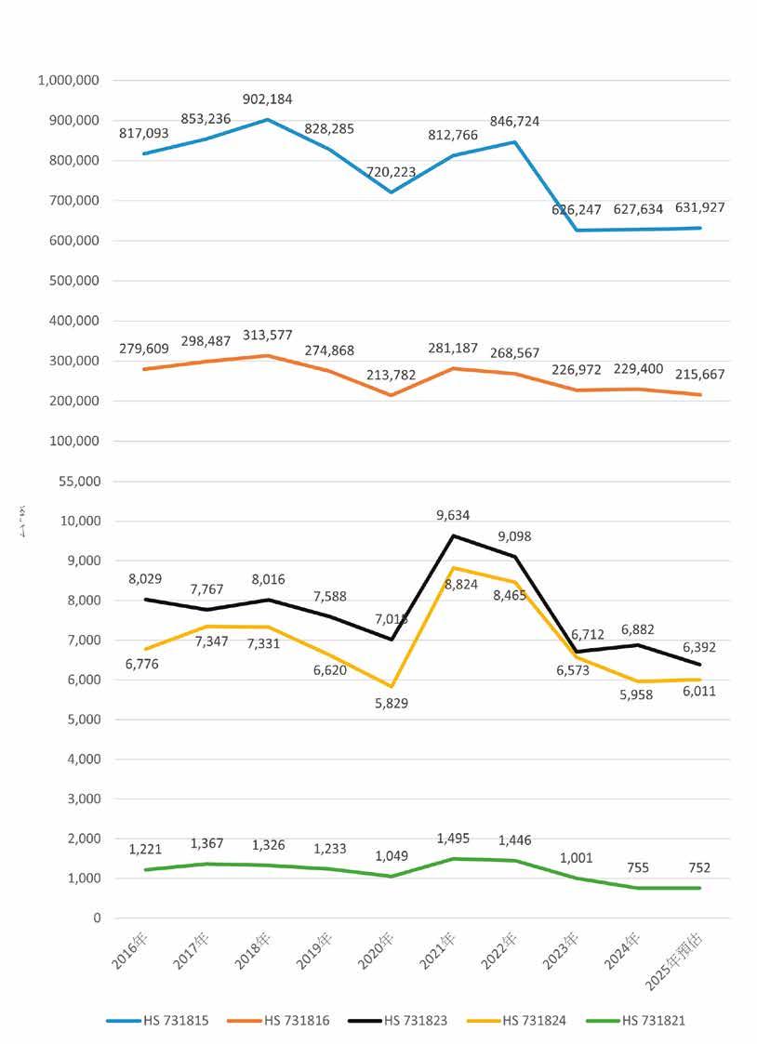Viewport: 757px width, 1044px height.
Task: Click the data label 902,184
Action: (267, 99)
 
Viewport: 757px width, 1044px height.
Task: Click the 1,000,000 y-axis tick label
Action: (69, 81)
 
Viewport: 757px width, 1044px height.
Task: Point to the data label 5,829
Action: (390, 704)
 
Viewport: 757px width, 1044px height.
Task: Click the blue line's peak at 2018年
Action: (267, 119)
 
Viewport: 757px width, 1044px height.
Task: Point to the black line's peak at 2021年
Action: (454, 535)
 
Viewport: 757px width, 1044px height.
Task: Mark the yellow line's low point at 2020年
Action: (392, 686)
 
